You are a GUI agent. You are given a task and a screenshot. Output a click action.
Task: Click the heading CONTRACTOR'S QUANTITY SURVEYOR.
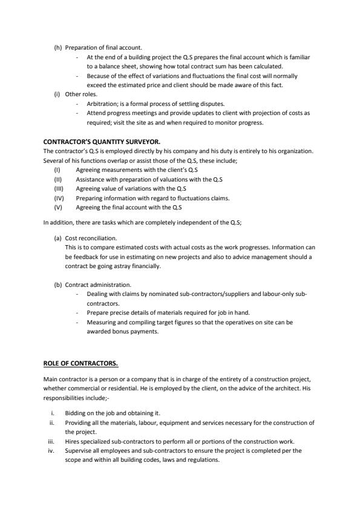pyautogui.click(x=93, y=142)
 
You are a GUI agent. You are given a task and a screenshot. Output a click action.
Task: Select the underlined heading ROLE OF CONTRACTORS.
pyautogui.click(x=80, y=364)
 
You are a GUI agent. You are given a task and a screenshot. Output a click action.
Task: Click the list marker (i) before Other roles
pyautogui.click(x=57, y=95)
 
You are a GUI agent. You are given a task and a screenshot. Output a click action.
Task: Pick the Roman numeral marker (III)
pyautogui.click(x=59, y=188)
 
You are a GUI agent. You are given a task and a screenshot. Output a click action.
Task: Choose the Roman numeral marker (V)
pyautogui.click(x=59, y=206)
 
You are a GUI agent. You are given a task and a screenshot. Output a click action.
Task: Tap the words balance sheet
pyautogui.click(x=116, y=65)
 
